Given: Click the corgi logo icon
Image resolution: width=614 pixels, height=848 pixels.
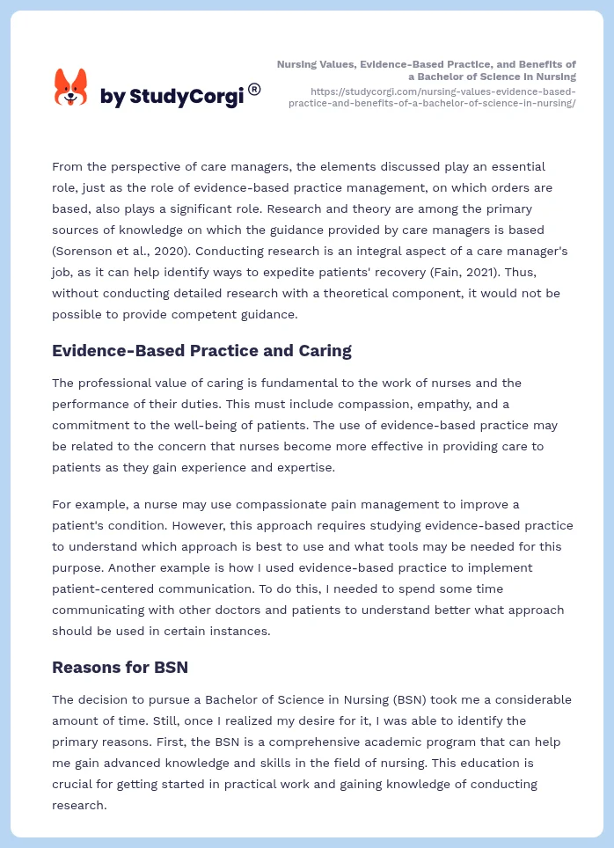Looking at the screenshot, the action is point(71,87).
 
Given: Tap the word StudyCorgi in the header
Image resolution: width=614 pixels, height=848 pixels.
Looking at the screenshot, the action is point(186,97).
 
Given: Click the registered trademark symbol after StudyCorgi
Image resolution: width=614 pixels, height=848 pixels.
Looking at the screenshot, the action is point(254,89).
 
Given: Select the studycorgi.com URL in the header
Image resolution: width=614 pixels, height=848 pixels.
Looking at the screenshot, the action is point(432,97).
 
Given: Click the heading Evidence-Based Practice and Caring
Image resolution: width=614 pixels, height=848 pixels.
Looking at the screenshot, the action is point(201,351).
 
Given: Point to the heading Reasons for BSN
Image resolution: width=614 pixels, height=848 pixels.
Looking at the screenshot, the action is point(120,667).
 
